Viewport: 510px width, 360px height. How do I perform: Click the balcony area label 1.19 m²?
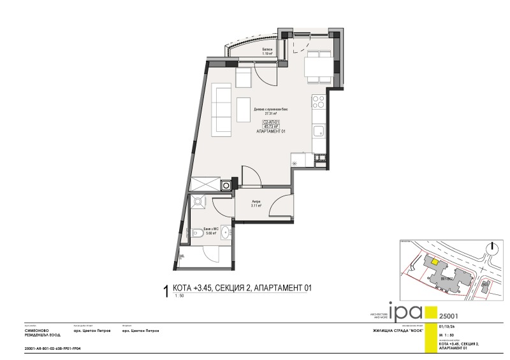click(x=267, y=54)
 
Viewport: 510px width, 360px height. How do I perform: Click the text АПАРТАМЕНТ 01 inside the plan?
click(x=271, y=131)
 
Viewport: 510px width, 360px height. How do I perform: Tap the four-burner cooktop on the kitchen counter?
click(x=318, y=101)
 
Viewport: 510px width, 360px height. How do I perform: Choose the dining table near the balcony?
click(x=316, y=66)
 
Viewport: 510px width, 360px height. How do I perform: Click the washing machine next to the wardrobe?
click(x=226, y=185)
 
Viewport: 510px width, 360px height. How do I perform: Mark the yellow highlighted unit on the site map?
click(x=433, y=259)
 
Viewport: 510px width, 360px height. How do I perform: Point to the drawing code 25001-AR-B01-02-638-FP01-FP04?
click(x=52, y=349)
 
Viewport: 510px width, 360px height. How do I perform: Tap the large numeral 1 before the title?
click(x=166, y=291)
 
